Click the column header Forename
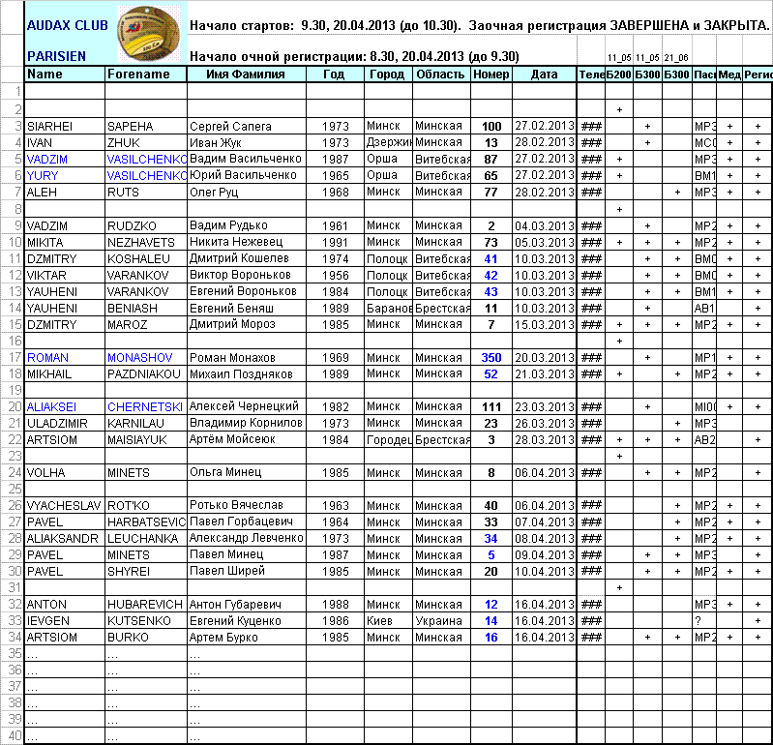click(x=138, y=74)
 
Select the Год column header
click(x=334, y=74)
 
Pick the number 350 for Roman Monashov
click(x=491, y=358)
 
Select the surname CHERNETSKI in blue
click(x=144, y=406)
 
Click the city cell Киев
click(x=379, y=620)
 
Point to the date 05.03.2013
click(x=545, y=242)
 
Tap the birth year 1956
click(x=334, y=275)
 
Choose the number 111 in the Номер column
click(x=491, y=406)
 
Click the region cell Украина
click(x=438, y=620)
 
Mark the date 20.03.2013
click(x=545, y=358)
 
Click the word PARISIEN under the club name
click(x=56, y=57)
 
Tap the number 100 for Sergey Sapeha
click(x=491, y=127)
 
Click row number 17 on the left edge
click(x=13, y=358)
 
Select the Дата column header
click(x=545, y=74)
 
